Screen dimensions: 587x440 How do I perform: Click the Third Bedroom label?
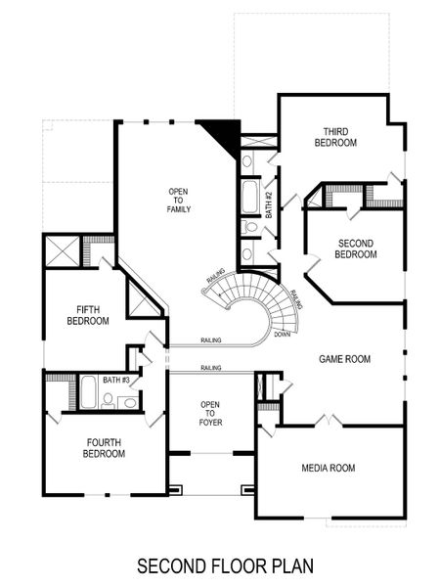pyautogui.click(x=335, y=137)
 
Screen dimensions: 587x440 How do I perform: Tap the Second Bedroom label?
pyautogui.click(x=357, y=248)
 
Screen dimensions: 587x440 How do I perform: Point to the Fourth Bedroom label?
pyautogui.click(x=103, y=447)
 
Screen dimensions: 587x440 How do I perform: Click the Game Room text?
pyautogui.click(x=344, y=359)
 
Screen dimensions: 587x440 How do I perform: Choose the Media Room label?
pyautogui.click(x=328, y=468)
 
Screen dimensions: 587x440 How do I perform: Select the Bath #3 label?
pyautogui.click(x=116, y=380)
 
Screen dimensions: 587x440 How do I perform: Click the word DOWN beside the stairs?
pyautogui.click(x=282, y=334)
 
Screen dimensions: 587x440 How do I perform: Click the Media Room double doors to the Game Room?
pyautogui.click(x=330, y=422)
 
